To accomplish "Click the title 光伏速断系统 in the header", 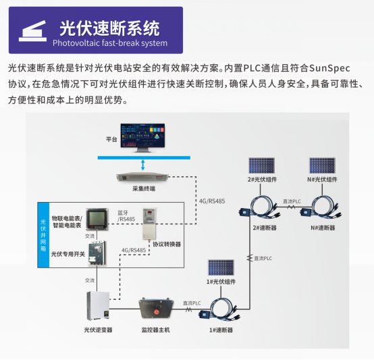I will [x=109, y=28].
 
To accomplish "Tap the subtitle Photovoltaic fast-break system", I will [x=109, y=43].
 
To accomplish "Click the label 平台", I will [x=111, y=139].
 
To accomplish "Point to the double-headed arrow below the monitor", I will [x=143, y=165].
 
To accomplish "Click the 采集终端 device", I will [x=143, y=178].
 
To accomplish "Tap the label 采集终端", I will [x=143, y=189].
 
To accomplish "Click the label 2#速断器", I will [x=264, y=228].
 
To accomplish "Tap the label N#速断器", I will [x=323, y=228].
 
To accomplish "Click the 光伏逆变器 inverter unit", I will [x=99, y=307].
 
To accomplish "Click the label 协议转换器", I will [x=166, y=244].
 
